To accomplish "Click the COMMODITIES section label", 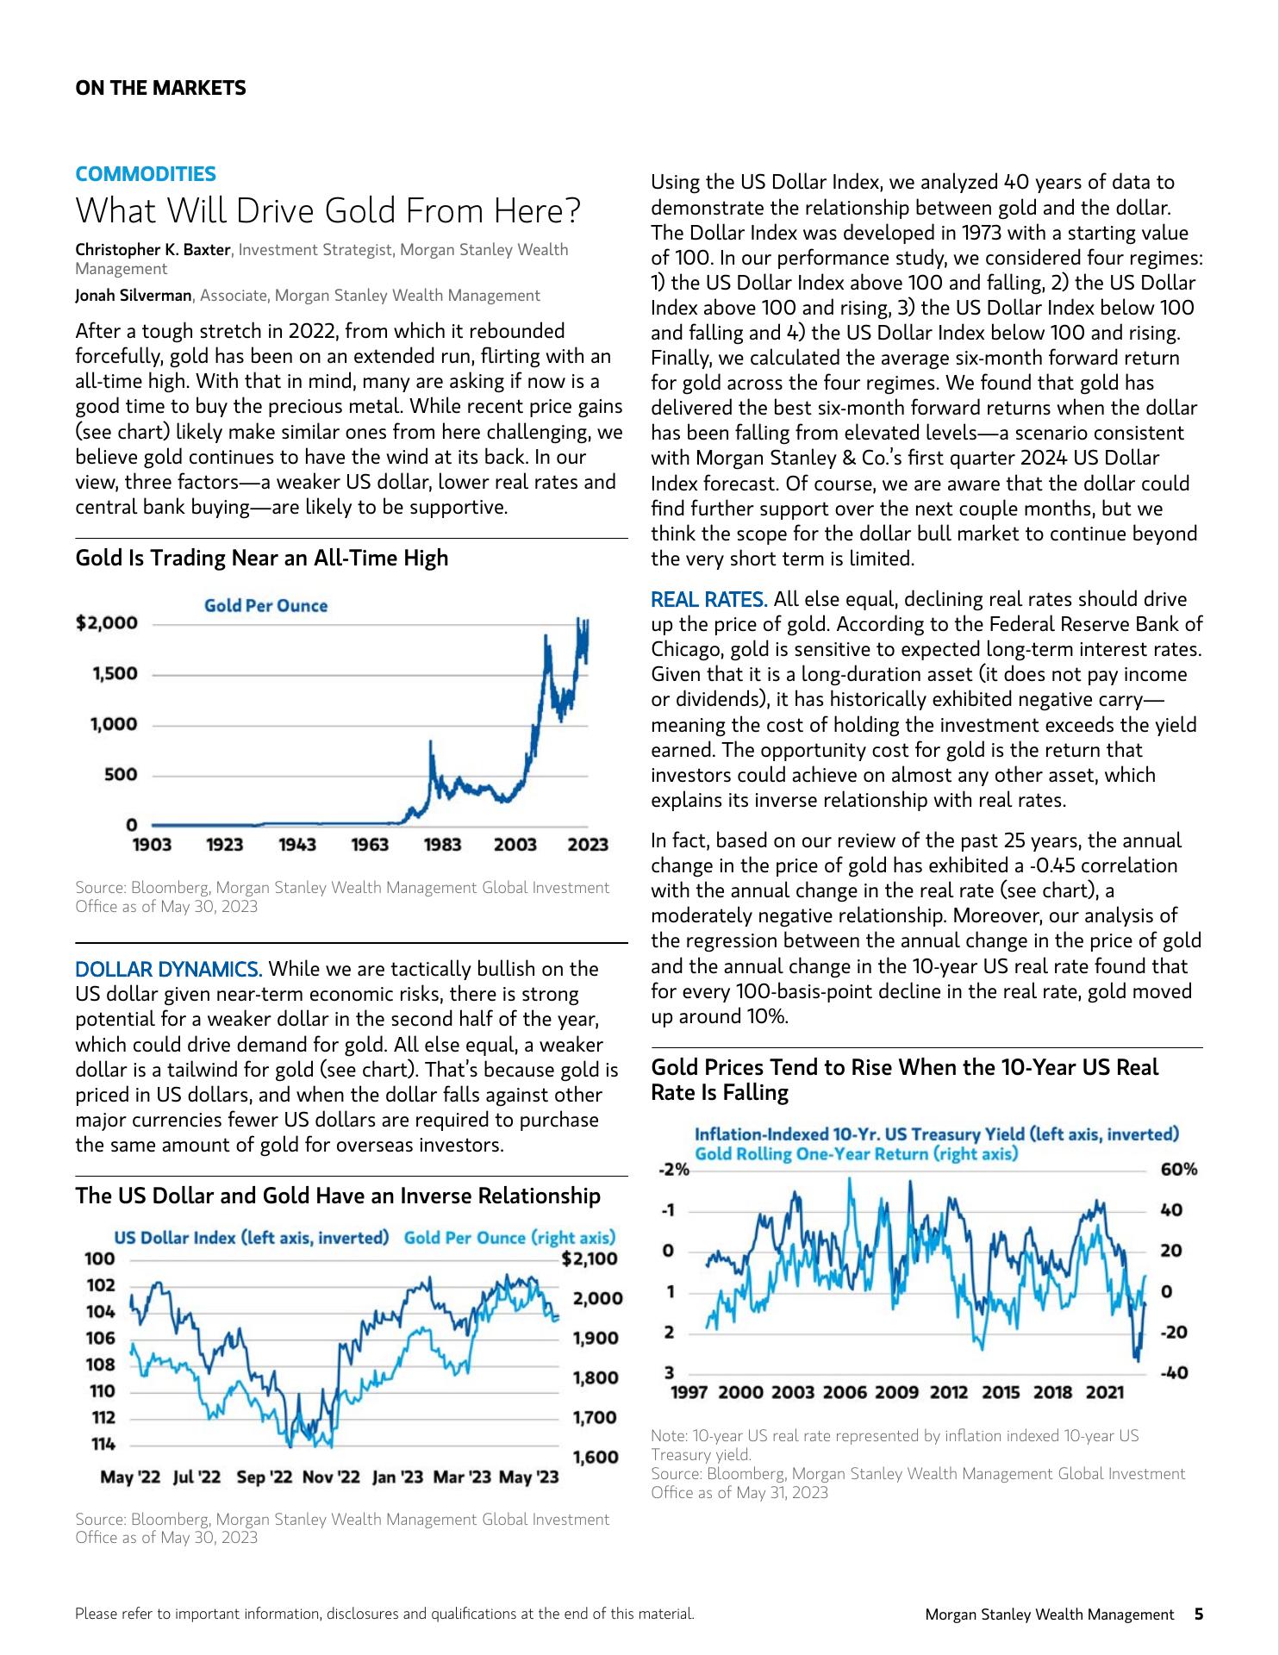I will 146,174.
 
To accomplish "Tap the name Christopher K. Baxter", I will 153,250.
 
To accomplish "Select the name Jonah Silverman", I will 134,296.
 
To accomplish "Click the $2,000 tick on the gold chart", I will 107,623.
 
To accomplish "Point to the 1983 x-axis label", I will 442,845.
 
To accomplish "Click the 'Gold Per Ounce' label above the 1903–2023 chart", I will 265,606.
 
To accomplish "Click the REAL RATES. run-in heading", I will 708,599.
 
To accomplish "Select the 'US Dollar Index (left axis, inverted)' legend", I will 252,1238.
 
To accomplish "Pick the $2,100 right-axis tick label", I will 590,1258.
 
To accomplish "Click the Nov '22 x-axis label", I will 332,1477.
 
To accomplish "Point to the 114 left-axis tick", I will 103,1444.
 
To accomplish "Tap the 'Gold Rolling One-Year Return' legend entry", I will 856,1153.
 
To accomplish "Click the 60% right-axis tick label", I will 1179,1169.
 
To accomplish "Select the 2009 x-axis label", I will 896,1392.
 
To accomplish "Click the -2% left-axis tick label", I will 673,1169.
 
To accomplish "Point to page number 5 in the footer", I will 1198,1614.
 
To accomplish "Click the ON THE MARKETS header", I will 160,88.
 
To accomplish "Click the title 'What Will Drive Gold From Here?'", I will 328,210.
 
